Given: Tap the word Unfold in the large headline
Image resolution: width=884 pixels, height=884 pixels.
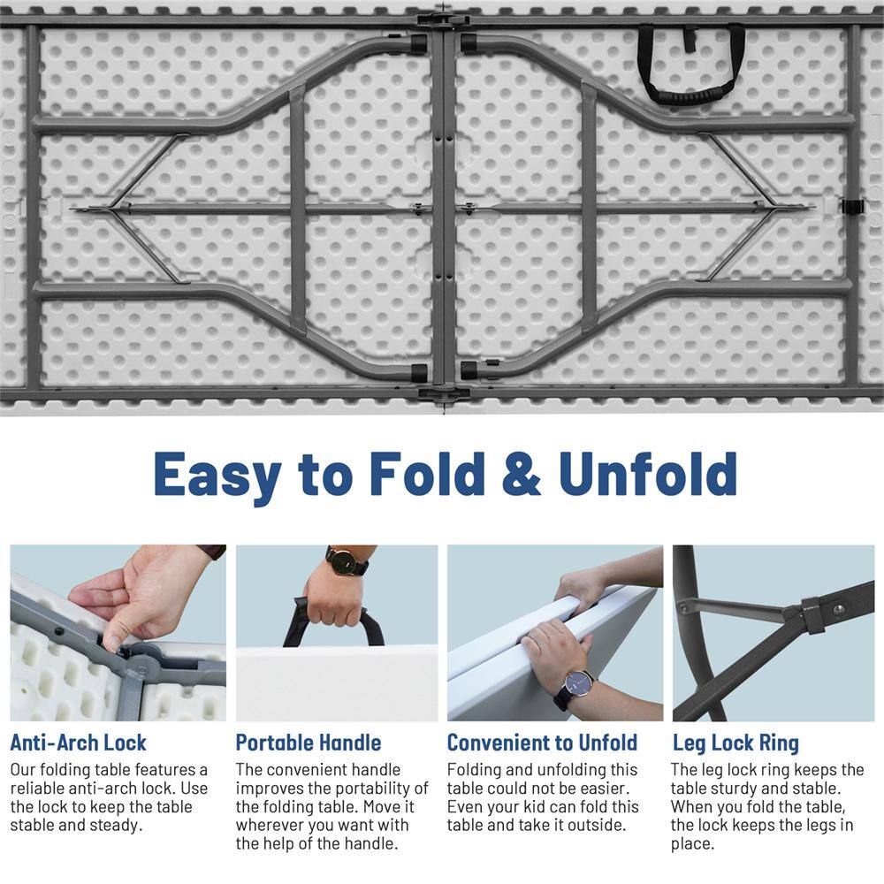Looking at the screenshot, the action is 648,474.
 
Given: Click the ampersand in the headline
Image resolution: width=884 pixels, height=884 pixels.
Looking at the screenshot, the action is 522,474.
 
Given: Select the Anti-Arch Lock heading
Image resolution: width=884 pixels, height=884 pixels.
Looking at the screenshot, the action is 79,743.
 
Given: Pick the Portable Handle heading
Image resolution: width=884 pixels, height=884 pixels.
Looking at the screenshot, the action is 309,743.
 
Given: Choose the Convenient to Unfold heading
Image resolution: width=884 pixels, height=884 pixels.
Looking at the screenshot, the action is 543,743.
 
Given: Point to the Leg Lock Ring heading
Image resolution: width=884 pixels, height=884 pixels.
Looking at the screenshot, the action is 735,743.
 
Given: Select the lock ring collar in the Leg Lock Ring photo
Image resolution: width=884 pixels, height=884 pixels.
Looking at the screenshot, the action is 811,614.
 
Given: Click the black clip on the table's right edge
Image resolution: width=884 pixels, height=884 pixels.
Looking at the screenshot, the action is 853,206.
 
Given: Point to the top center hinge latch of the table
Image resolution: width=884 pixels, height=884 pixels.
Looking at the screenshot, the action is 443,19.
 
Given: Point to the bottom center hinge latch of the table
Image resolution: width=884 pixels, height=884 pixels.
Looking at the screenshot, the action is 444,393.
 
